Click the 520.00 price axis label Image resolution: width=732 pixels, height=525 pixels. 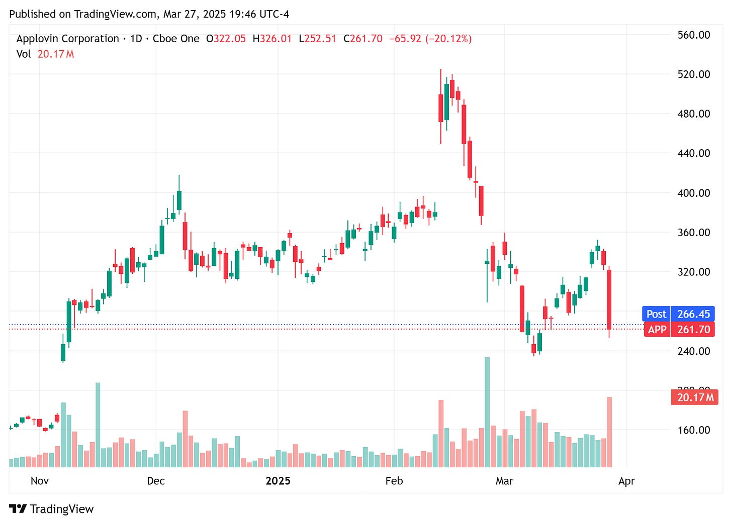point(693,74)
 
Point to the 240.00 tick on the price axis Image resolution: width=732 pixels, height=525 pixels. point(693,351)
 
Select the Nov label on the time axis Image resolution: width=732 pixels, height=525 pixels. point(40,481)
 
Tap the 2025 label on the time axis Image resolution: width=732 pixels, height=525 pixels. point(278,481)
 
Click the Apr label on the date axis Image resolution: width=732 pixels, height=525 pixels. point(626,481)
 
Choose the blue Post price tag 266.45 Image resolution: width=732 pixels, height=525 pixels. point(678,314)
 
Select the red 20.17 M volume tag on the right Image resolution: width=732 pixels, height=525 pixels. point(695,397)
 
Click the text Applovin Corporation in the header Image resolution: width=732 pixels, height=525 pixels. point(68,39)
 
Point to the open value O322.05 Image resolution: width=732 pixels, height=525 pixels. point(226,39)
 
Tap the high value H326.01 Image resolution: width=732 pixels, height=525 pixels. point(272,39)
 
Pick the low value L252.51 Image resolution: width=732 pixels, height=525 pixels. point(317,39)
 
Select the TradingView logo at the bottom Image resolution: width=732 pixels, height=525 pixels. point(51,509)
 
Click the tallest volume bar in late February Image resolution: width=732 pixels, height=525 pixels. point(487,412)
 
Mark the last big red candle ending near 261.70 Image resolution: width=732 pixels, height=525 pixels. point(609,299)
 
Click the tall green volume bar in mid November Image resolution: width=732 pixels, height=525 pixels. point(98,425)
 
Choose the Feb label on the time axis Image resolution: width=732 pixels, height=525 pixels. point(394,481)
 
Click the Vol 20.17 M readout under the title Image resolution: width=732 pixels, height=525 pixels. point(45,54)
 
